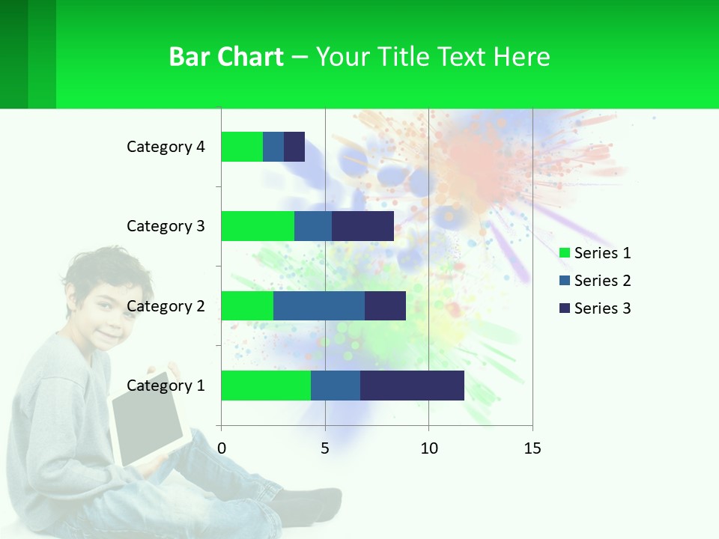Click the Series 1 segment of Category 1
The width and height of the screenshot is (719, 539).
click(x=266, y=386)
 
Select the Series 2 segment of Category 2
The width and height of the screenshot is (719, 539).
click(x=319, y=305)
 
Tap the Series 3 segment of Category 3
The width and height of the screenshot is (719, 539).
click(x=362, y=226)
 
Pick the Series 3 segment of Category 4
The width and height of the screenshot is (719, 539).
click(x=294, y=147)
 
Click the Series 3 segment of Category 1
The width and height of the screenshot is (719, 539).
click(x=412, y=386)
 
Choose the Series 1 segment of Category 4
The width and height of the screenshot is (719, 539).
click(x=242, y=147)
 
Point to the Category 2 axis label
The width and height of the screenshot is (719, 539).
click(x=166, y=306)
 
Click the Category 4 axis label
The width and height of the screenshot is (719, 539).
click(x=166, y=147)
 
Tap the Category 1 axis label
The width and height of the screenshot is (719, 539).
click(x=166, y=386)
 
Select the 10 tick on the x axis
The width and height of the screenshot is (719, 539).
click(x=428, y=448)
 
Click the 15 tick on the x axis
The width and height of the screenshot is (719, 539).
click(x=532, y=448)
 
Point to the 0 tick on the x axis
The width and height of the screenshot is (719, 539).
click(x=222, y=448)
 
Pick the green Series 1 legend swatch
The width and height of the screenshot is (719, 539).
click(x=565, y=253)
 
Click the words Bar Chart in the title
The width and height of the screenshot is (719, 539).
click(x=226, y=57)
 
